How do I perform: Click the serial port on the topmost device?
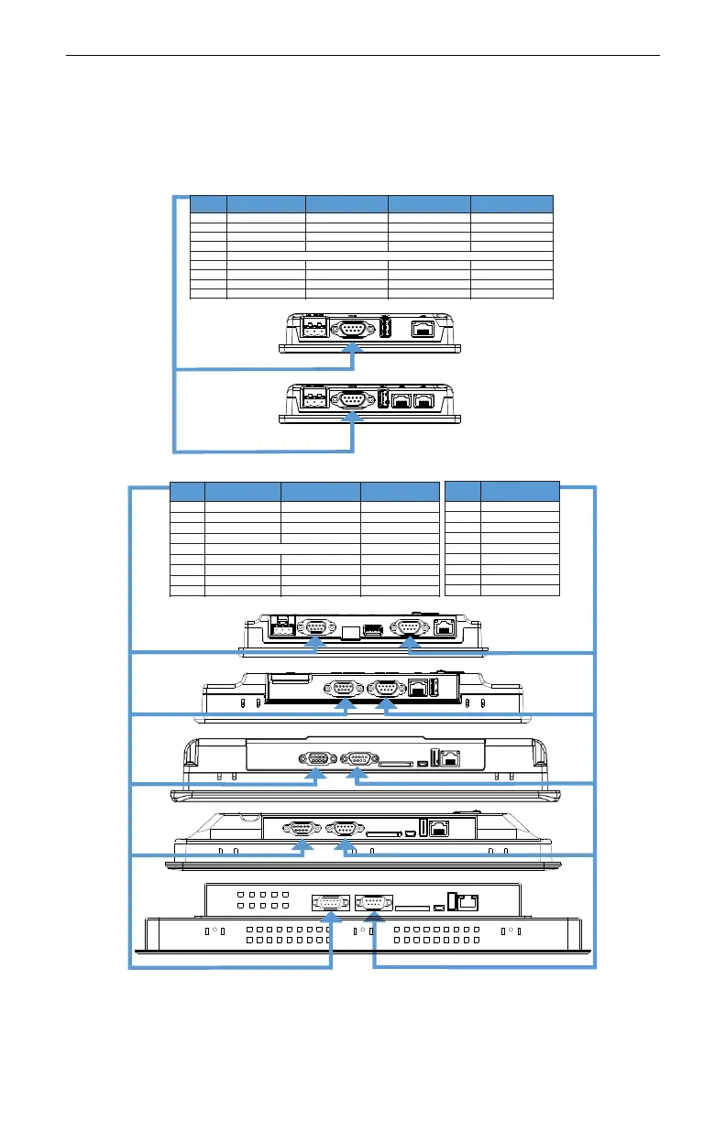[349, 330]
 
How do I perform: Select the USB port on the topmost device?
[385, 329]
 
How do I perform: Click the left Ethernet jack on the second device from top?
[401, 400]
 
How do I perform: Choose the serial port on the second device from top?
[349, 399]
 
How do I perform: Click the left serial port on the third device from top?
[315, 627]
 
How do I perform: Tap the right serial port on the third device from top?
[408, 627]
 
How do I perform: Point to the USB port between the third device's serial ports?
[372, 629]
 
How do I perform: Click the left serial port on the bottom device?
[328, 903]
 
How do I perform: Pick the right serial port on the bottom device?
[374, 903]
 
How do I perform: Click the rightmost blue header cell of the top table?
[511, 204]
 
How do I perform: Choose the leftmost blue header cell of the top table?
[207, 204]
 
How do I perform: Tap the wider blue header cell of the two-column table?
[520, 491]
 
